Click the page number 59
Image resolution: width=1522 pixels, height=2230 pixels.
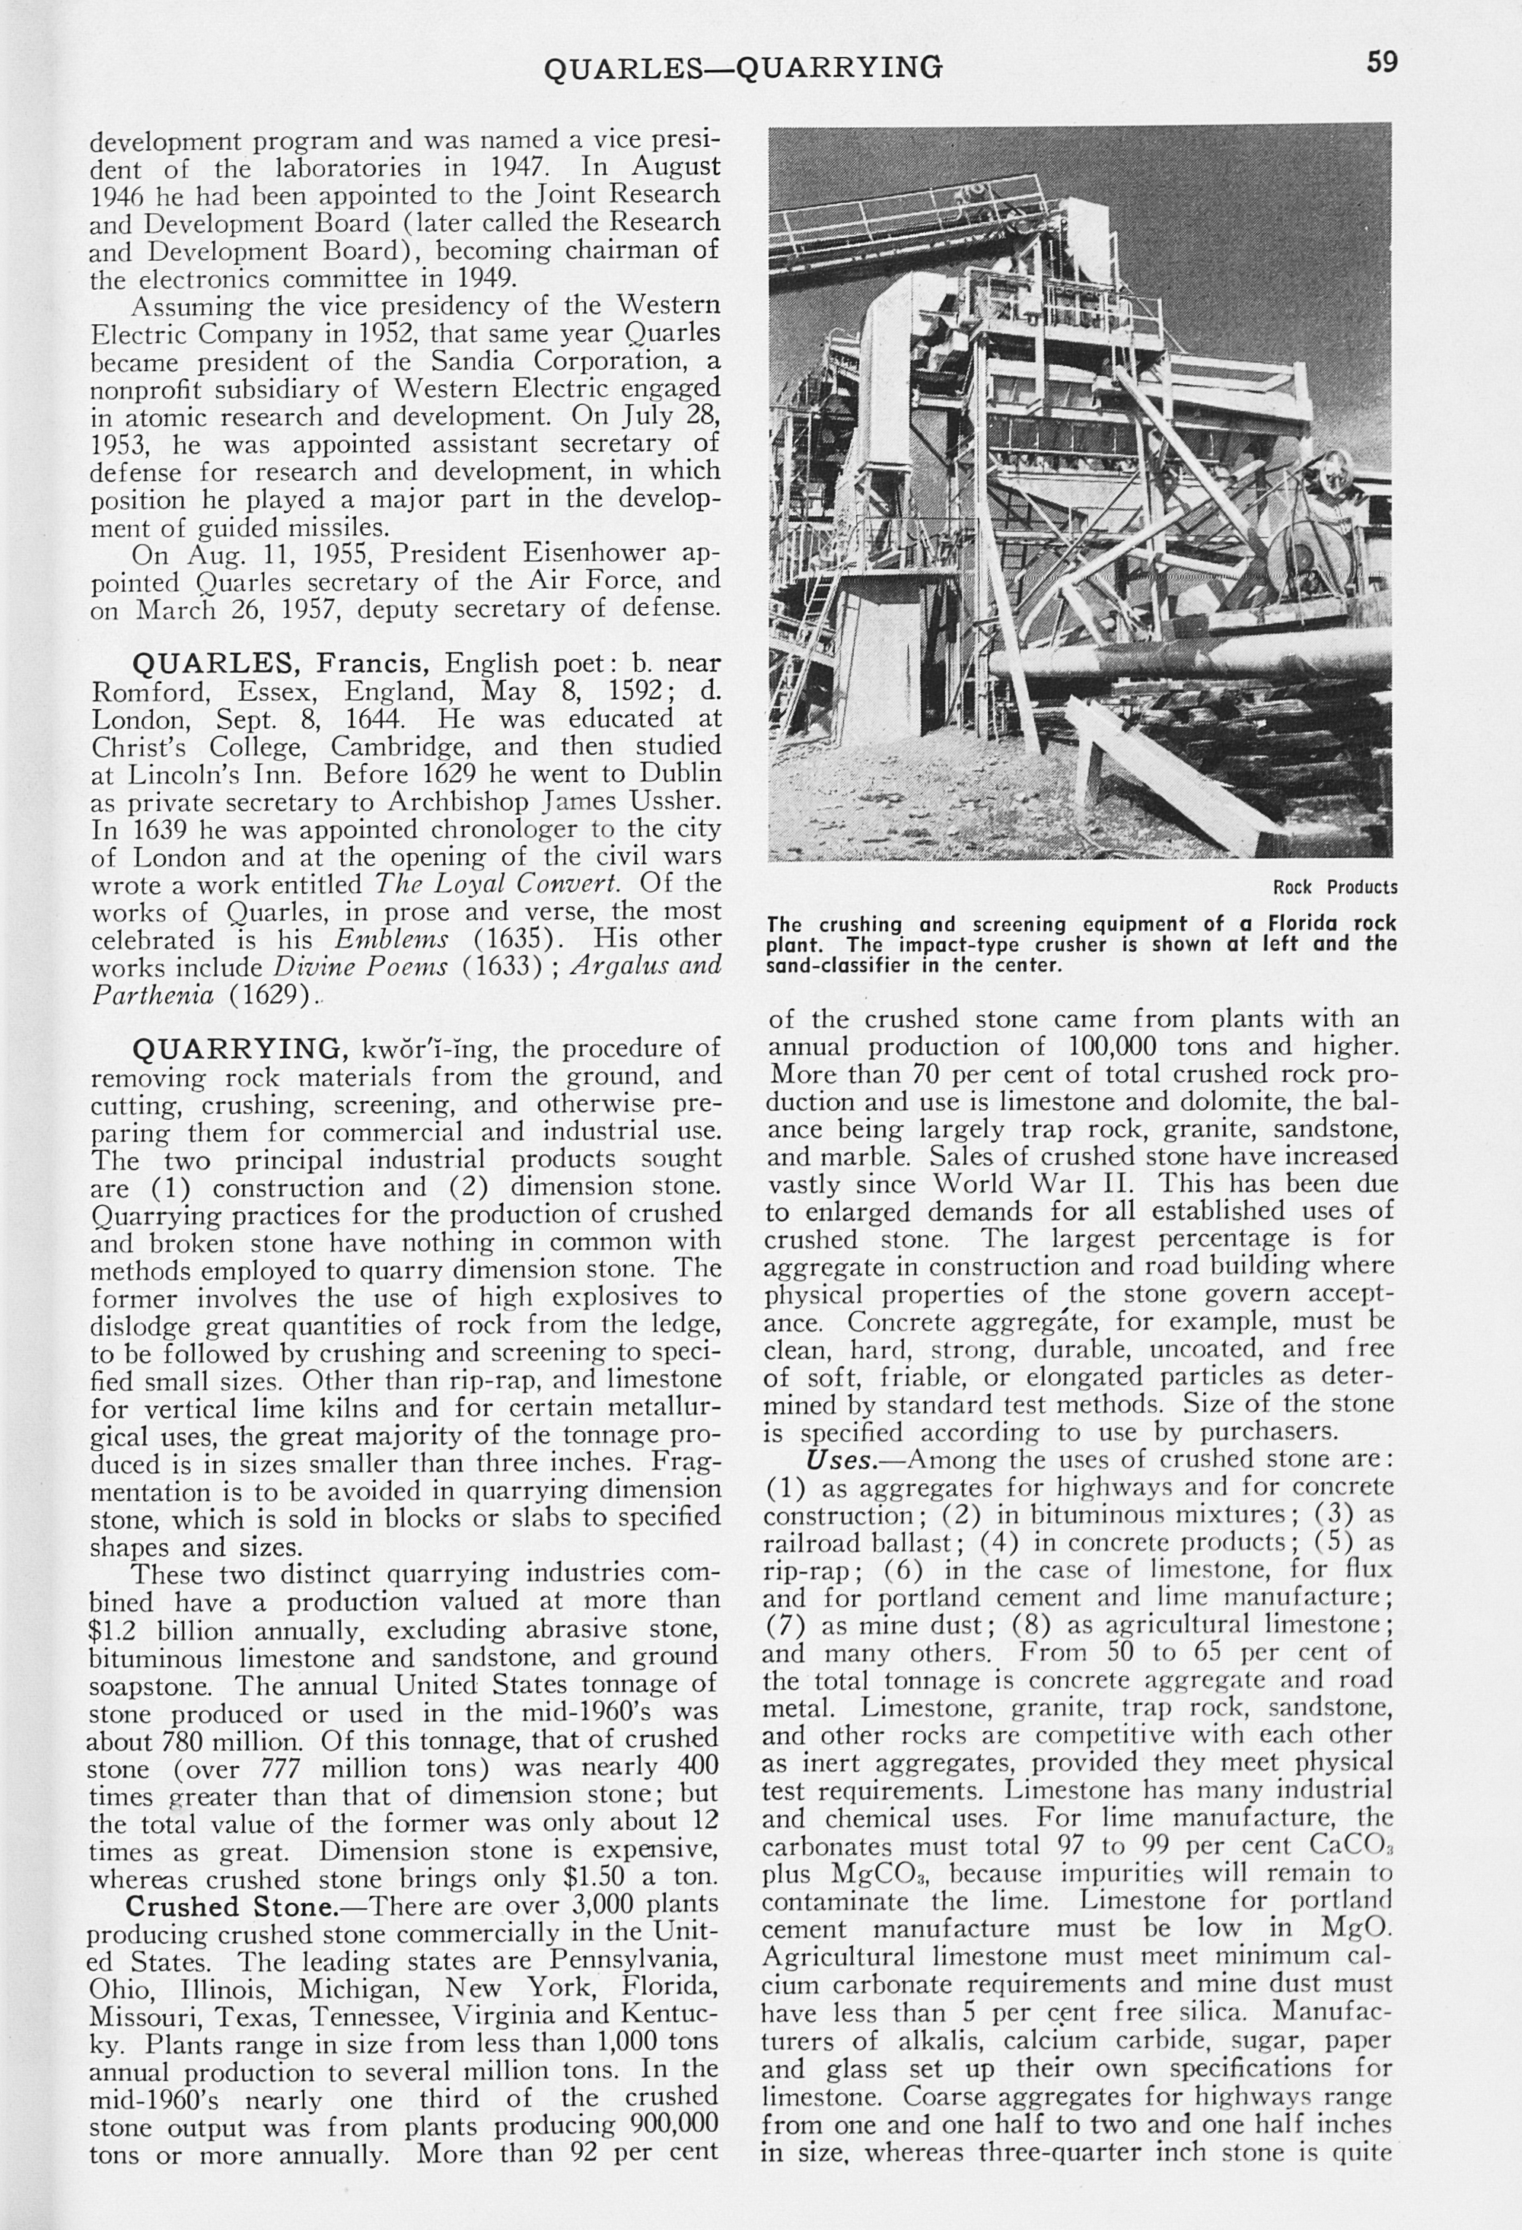pos(1382,62)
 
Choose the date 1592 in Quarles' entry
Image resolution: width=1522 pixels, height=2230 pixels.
pos(630,691)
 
